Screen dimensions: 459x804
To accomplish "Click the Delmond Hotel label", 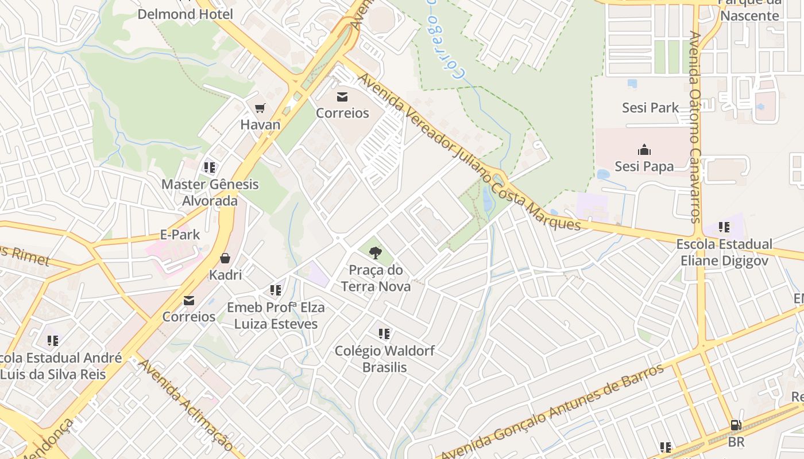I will [x=185, y=14].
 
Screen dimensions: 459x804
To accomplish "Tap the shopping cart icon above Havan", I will [x=260, y=108].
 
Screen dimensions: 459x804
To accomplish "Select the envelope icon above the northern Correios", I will [x=342, y=96].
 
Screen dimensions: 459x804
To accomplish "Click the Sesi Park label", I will [x=650, y=108].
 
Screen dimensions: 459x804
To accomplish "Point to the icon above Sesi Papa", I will [x=644, y=150].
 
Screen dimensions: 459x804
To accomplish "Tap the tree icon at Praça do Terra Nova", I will [x=376, y=252].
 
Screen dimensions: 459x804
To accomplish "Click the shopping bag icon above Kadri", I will [x=225, y=258].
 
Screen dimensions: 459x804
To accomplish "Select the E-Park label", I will [x=180, y=235].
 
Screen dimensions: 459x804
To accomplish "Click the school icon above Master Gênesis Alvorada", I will [x=210, y=168].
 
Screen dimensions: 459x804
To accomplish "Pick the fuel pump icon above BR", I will [x=736, y=426].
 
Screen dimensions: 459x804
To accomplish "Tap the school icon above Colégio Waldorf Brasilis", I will [x=384, y=333].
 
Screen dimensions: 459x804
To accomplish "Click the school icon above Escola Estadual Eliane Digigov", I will [x=724, y=227].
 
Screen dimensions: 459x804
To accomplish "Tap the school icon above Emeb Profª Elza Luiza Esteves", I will [x=276, y=290].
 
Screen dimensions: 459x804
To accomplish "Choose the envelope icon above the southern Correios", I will [x=188, y=300].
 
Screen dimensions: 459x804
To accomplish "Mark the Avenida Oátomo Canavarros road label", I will [x=695, y=126].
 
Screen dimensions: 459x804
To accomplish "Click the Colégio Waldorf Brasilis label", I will [x=384, y=359].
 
